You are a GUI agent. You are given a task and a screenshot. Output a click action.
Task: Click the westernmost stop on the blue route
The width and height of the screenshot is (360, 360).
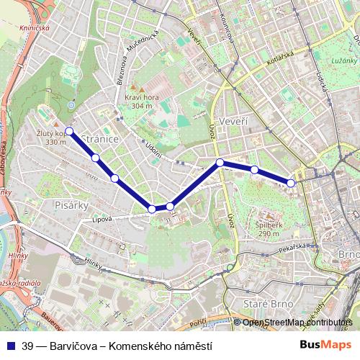click(69, 131)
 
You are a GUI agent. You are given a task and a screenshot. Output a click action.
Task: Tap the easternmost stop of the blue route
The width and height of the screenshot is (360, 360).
click(291, 183)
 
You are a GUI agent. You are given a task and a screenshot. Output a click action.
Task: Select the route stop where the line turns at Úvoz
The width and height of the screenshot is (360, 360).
click(220, 163)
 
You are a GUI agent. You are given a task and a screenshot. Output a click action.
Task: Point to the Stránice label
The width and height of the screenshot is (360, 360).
click(99, 138)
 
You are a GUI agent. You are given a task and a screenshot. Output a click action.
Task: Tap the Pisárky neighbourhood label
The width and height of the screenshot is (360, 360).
click(71, 205)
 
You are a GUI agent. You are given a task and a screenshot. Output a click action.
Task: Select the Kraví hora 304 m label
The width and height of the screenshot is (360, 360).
click(138, 102)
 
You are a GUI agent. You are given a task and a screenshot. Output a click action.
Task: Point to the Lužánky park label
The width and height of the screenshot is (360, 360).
click(336, 64)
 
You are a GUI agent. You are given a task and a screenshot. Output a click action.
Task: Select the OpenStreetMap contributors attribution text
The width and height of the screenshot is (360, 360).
click(296, 323)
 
